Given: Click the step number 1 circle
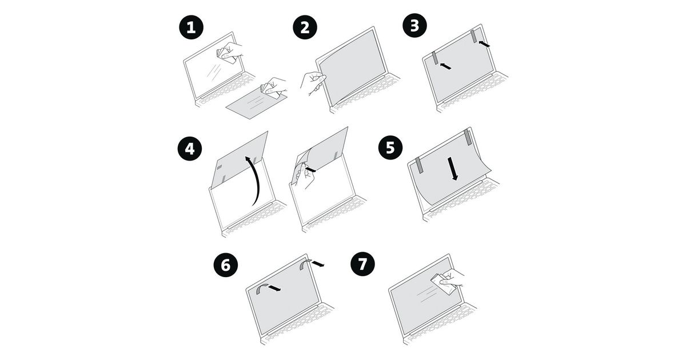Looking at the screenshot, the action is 191,27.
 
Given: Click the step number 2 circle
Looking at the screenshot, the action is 305,27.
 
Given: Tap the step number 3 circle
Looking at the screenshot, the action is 414,25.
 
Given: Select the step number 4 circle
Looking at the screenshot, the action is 190,149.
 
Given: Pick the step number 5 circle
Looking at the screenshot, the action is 390,147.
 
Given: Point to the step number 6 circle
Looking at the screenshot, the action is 226,265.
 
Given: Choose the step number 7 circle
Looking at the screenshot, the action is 362,264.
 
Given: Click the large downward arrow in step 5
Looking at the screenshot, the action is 453,169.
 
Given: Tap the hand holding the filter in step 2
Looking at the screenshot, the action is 312,83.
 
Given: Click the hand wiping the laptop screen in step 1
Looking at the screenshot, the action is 230,52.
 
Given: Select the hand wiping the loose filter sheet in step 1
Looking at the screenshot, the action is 273,87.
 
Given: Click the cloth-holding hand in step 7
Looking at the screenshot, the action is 448,281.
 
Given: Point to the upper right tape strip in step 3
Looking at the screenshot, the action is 474,36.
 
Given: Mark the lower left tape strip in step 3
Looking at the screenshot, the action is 435,58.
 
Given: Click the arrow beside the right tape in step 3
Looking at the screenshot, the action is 484,44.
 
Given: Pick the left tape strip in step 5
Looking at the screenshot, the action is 419,165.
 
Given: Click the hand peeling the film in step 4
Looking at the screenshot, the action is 305,176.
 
